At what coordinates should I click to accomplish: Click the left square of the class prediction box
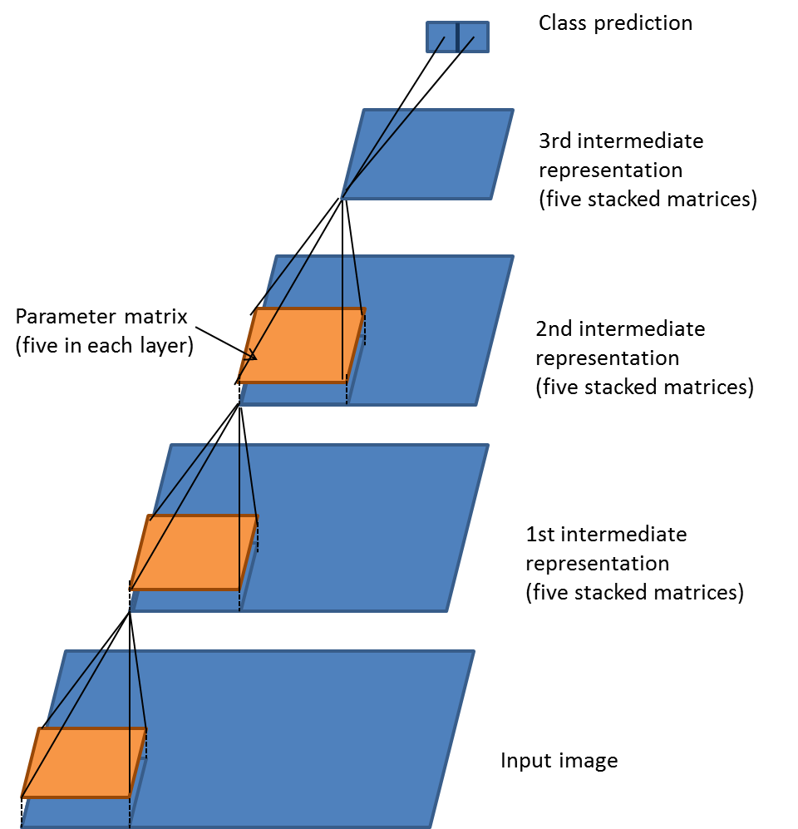pos(441,37)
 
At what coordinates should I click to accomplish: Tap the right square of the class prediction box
pos(474,37)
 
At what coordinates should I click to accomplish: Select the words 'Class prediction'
pos(615,22)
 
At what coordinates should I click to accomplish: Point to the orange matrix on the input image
pos(83,762)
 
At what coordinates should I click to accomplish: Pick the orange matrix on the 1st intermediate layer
pos(194,553)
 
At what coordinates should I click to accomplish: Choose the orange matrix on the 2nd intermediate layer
pos(302,346)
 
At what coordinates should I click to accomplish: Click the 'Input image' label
pos(559,761)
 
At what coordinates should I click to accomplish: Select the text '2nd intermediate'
pos(620,329)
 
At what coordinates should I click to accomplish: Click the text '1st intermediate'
pos(606,533)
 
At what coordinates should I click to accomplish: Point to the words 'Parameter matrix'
pos(102,317)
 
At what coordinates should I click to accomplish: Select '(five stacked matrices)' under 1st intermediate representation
pos(634,593)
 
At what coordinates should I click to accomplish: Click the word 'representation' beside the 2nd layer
pos(607,358)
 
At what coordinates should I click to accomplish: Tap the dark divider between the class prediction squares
pos(457,37)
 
